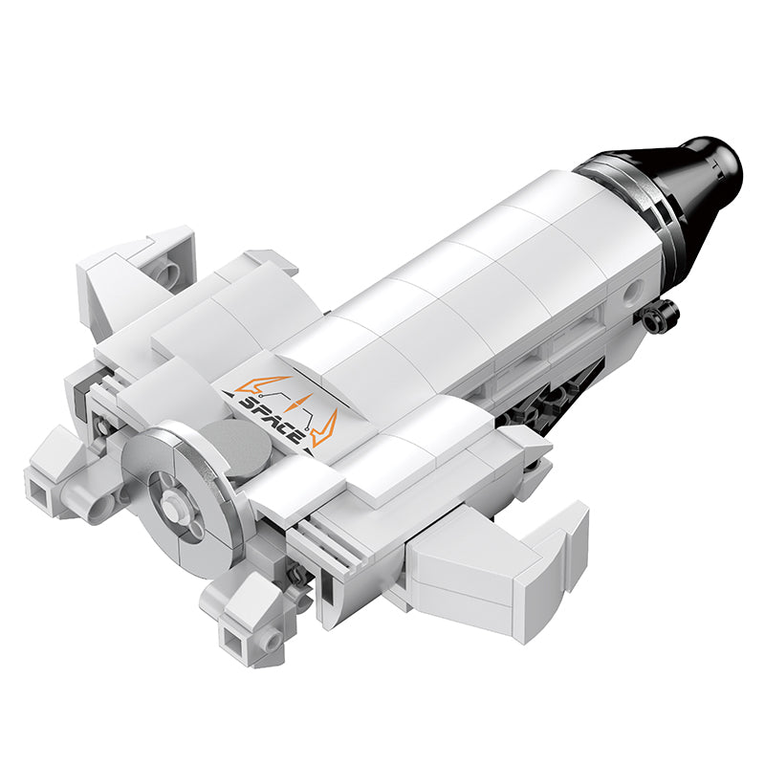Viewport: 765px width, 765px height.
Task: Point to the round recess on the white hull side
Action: pyautogui.click(x=633, y=291)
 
